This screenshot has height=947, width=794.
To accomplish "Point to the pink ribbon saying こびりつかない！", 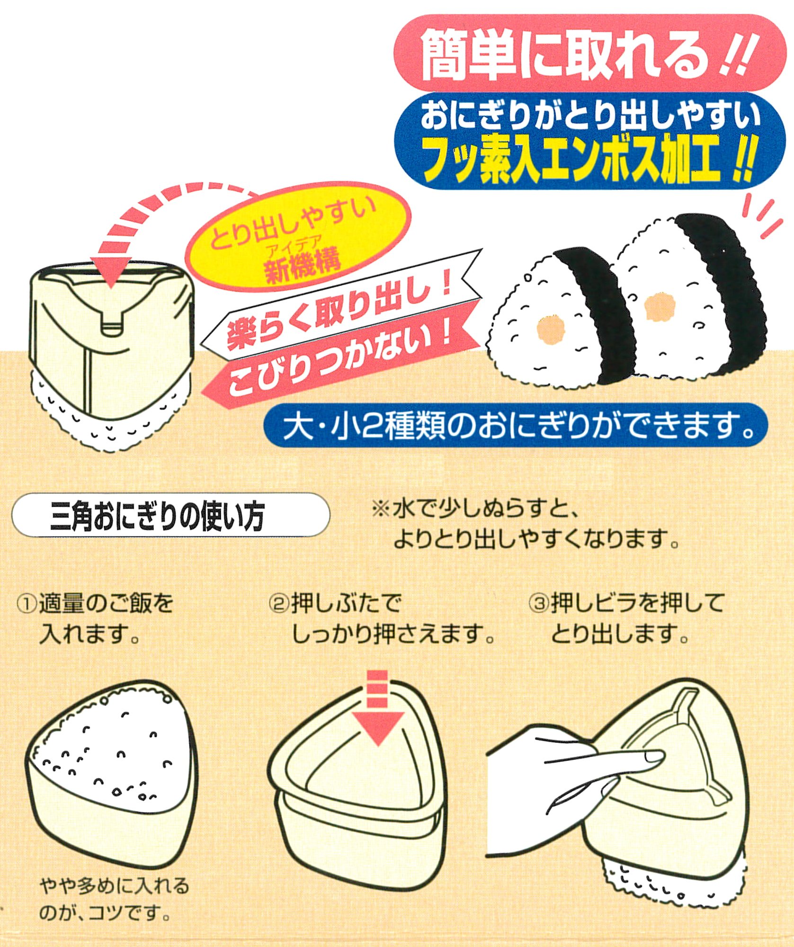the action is [339, 357].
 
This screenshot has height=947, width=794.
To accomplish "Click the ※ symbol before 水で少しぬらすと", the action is [381, 510].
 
